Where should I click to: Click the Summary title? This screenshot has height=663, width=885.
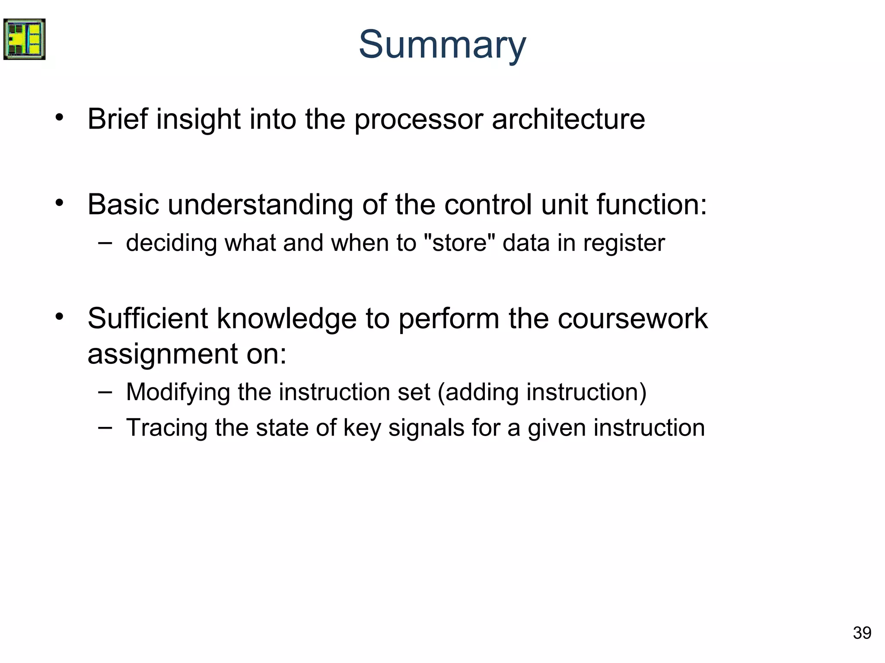[442, 45]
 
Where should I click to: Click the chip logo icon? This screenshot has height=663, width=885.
[24, 39]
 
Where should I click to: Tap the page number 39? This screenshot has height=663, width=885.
[862, 633]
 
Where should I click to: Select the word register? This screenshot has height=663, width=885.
[624, 243]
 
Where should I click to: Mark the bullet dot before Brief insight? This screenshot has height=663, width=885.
[59, 117]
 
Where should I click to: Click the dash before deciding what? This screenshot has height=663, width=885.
[105, 243]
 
